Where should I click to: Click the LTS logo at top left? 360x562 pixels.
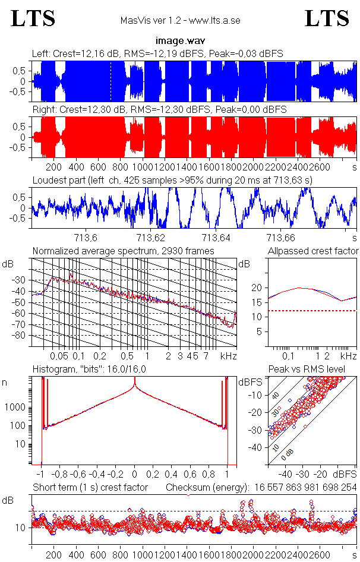(33, 18)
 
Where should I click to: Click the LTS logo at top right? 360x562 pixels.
(326, 18)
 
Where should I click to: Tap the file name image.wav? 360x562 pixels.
(179, 41)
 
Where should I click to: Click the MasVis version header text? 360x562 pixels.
(180, 20)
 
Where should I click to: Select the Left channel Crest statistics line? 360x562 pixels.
(157, 53)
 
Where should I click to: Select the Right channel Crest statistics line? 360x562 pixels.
(159, 110)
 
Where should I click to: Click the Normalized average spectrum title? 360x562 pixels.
(123, 251)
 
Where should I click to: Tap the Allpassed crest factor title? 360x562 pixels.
(313, 251)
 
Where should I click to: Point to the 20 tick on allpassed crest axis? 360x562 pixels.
(257, 288)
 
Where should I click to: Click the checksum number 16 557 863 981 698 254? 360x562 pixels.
(303, 488)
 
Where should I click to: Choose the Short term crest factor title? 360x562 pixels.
(88, 488)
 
